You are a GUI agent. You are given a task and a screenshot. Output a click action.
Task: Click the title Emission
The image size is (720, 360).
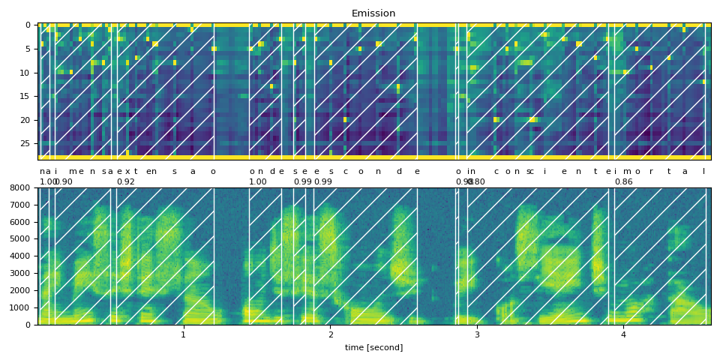click(x=373, y=13)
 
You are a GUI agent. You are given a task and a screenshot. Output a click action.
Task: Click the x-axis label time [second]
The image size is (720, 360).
click(x=373, y=347)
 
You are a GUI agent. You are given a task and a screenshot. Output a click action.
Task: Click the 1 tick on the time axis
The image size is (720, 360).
click(x=183, y=334)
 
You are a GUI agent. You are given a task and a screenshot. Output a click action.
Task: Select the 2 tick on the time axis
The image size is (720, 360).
click(x=330, y=334)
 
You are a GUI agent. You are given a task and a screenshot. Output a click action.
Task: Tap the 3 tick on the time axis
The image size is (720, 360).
click(x=477, y=334)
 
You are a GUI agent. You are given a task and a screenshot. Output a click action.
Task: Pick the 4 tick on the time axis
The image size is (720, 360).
click(x=623, y=334)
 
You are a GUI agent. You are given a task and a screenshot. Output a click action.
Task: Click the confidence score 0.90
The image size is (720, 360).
click(x=64, y=181)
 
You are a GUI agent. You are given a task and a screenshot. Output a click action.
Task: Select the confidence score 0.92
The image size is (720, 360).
click(x=126, y=181)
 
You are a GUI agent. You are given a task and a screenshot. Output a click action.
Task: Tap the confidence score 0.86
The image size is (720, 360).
click(x=623, y=181)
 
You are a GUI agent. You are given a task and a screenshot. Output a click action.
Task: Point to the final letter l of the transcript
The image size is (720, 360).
click(x=703, y=171)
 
